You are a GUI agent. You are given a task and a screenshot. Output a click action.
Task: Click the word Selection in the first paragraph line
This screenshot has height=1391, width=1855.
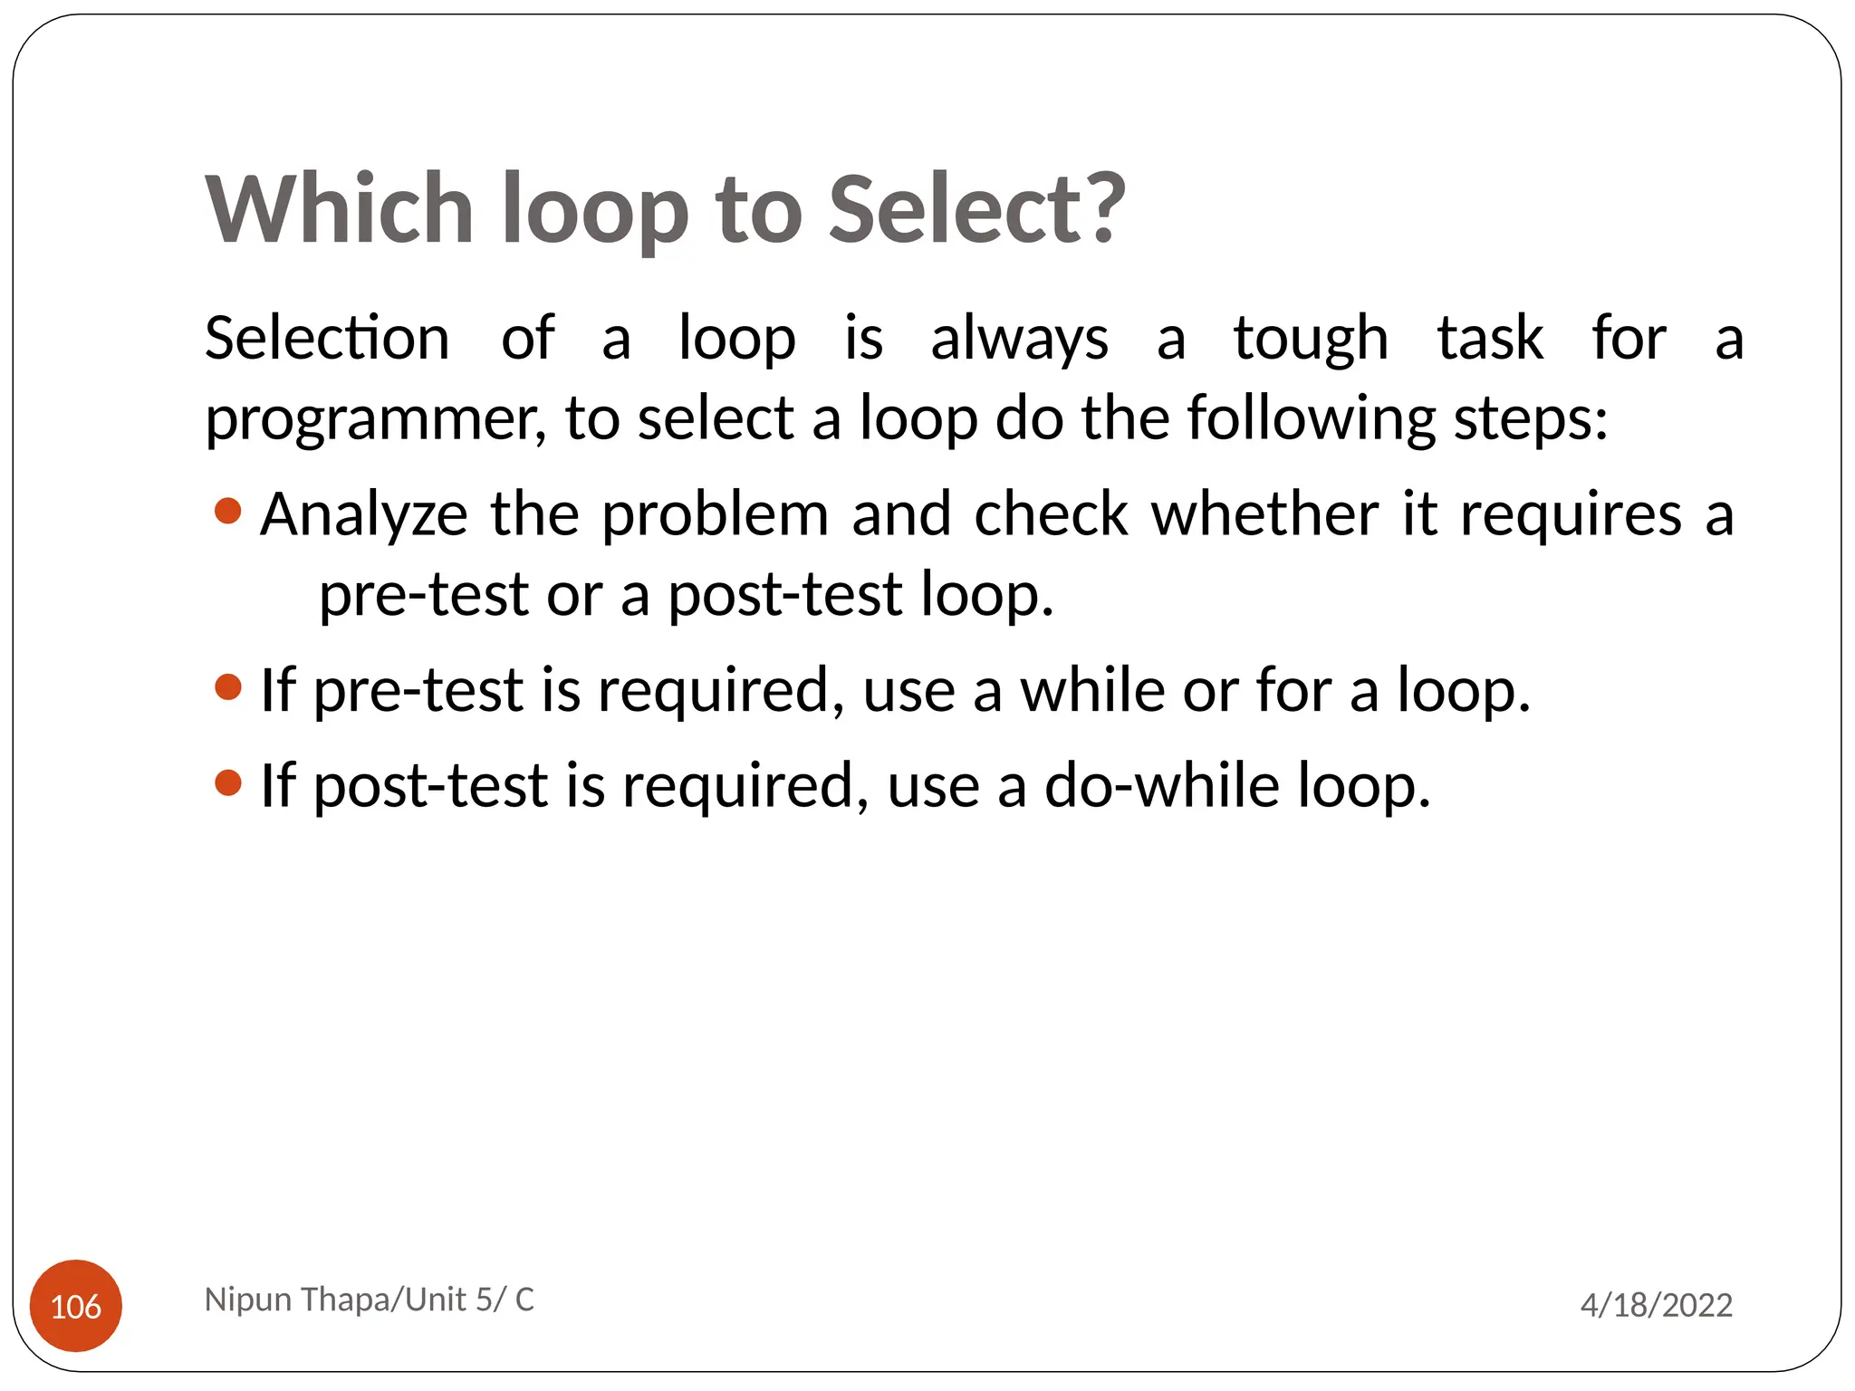[x=327, y=339]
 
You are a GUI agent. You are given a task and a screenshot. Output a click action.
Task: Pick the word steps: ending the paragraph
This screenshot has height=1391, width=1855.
[x=1531, y=420]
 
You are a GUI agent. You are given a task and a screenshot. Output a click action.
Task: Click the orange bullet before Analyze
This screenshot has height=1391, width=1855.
[x=228, y=512]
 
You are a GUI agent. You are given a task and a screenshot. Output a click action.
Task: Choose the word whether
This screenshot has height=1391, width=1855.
[x=1264, y=514]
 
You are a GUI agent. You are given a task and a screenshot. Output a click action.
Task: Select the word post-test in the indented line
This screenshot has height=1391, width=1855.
[x=784, y=597]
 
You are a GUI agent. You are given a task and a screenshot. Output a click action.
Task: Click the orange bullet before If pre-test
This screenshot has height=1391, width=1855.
[x=228, y=687]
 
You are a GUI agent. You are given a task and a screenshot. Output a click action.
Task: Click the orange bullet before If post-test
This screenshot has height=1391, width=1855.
[x=228, y=782]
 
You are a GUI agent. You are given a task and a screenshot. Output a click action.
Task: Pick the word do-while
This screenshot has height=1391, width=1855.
[x=1161, y=785]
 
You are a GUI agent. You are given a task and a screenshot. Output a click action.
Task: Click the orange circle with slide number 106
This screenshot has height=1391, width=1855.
[x=76, y=1306]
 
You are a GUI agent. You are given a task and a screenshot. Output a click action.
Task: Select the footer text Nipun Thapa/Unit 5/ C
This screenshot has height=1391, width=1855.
[x=370, y=1300]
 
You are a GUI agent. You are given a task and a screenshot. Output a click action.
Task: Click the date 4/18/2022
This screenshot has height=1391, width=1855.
[x=1656, y=1305]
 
